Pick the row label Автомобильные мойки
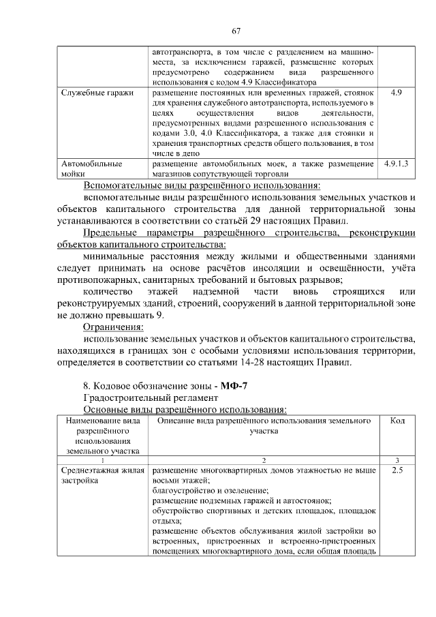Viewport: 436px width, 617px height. pyautogui.click(x=91, y=169)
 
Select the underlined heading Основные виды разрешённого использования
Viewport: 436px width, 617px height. pyautogui.click(x=185, y=409)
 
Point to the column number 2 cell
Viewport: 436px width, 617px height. pyautogui.click(x=263, y=460)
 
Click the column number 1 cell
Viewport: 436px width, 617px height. pyautogui.click(x=102, y=460)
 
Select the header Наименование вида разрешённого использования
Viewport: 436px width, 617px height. pyautogui.click(x=102, y=436)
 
